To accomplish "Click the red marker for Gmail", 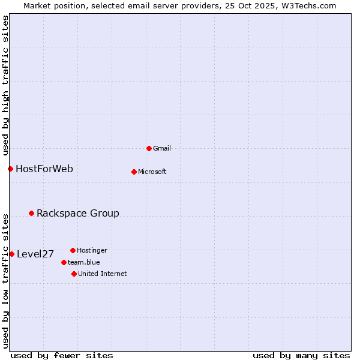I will (x=149, y=148).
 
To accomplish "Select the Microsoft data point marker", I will (x=134, y=172).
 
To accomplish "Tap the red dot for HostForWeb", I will (x=10, y=169).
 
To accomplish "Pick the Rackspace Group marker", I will (x=31, y=213).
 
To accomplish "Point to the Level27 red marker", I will (x=11, y=254).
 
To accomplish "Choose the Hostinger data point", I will (x=73, y=250).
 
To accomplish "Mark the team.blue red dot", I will (x=64, y=262).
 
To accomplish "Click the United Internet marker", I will (x=74, y=274).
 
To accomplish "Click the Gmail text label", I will (x=162, y=148).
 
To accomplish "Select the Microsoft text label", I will (x=152, y=172).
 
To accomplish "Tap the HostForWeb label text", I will (x=44, y=169).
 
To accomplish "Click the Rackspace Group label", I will (x=78, y=213).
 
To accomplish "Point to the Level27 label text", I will (x=35, y=254).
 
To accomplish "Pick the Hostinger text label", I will (x=92, y=250).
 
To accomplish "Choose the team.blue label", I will (x=84, y=262).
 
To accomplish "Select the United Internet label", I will (x=103, y=274).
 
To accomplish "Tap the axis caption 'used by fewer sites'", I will (x=62, y=355).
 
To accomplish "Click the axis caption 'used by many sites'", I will (x=301, y=355).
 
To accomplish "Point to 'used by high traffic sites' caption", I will (x=5, y=84).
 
